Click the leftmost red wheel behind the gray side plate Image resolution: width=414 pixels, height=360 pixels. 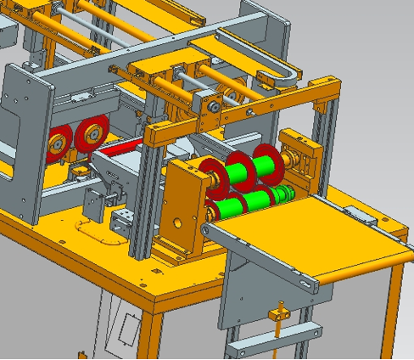coord(59,141)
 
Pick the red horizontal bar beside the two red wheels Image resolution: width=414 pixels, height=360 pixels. coord(120,148)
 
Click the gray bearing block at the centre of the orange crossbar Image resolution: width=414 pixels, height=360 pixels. coord(211,106)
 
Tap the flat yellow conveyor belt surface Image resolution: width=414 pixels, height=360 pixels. coord(314,238)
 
